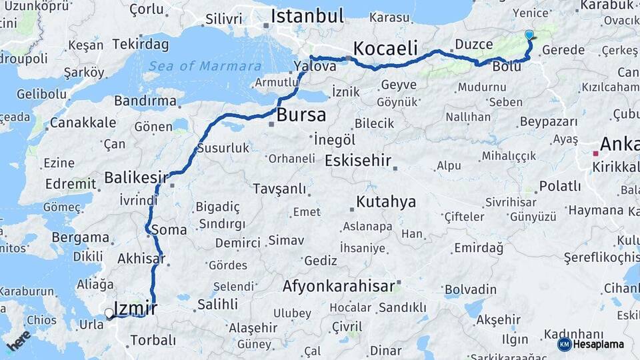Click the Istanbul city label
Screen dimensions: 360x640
307,16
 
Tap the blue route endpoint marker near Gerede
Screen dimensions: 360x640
529,35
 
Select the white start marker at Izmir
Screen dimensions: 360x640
109,312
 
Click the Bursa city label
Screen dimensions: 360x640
301,115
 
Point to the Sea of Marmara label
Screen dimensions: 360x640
205,66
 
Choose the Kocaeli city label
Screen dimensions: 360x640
385,48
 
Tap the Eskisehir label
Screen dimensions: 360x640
357,161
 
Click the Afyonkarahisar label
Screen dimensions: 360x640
339,286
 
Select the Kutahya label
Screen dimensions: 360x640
386,201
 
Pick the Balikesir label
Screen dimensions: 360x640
135,178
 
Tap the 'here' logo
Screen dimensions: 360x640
18,341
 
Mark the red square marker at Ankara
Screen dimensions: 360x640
595,153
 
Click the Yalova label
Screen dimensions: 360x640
315,66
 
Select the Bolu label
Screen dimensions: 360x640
507,67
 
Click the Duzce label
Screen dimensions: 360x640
473,45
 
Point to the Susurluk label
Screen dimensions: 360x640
223,148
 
